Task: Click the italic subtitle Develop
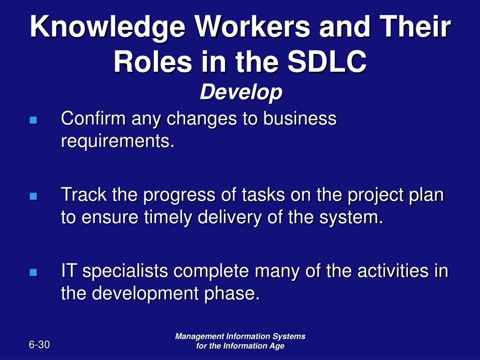pos(241,93)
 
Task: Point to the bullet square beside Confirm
pos(33,120)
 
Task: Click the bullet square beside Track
pos(33,196)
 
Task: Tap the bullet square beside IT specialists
pos(33,272)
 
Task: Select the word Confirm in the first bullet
pos(93,118)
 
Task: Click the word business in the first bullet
pos(300,118)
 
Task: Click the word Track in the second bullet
pos(84,195)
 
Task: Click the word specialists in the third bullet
pos(125,272)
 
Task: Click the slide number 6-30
pos(39,345)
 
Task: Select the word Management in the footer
pos(199,337)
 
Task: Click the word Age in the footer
pos(277,346)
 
